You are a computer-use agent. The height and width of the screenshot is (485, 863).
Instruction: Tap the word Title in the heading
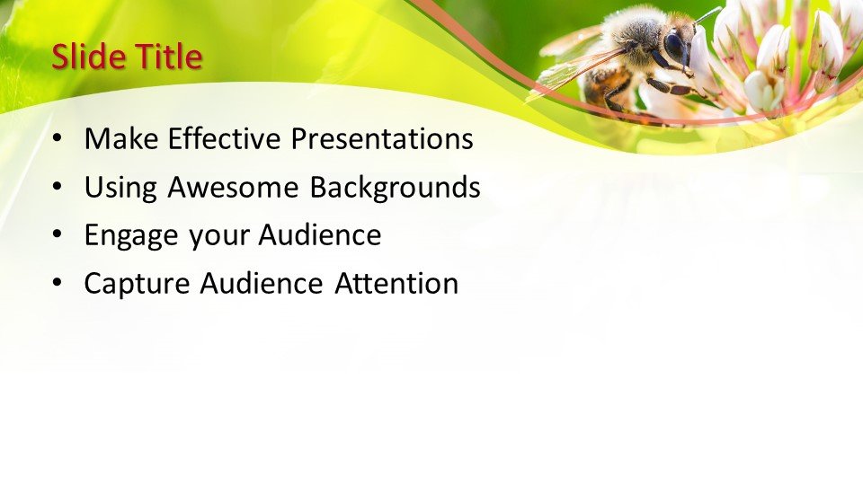point(169,57)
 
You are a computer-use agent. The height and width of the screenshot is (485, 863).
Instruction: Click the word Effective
point(225,138)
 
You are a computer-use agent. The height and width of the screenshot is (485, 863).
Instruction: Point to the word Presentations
point(382,138)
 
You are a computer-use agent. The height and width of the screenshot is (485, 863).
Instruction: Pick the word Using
point(120,188)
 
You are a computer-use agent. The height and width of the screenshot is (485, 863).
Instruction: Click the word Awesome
point(234,187)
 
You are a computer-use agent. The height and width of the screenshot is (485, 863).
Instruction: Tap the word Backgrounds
point(395,188)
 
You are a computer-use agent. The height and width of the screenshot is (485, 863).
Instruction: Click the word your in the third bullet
point(218,237)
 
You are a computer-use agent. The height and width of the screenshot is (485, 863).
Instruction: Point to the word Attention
point(396,284)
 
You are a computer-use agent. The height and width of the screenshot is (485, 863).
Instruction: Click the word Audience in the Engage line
point(320,234)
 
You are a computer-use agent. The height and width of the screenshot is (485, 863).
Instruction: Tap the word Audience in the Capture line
point(262,284)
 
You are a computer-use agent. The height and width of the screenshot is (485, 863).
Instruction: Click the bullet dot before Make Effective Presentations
point(58,138)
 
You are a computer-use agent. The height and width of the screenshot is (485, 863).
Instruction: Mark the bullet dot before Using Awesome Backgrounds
point(58,187)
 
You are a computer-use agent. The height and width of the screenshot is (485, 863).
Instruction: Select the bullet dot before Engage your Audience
point(58,234)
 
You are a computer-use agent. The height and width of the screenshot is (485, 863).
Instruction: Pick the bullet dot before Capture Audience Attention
point(58,283)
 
